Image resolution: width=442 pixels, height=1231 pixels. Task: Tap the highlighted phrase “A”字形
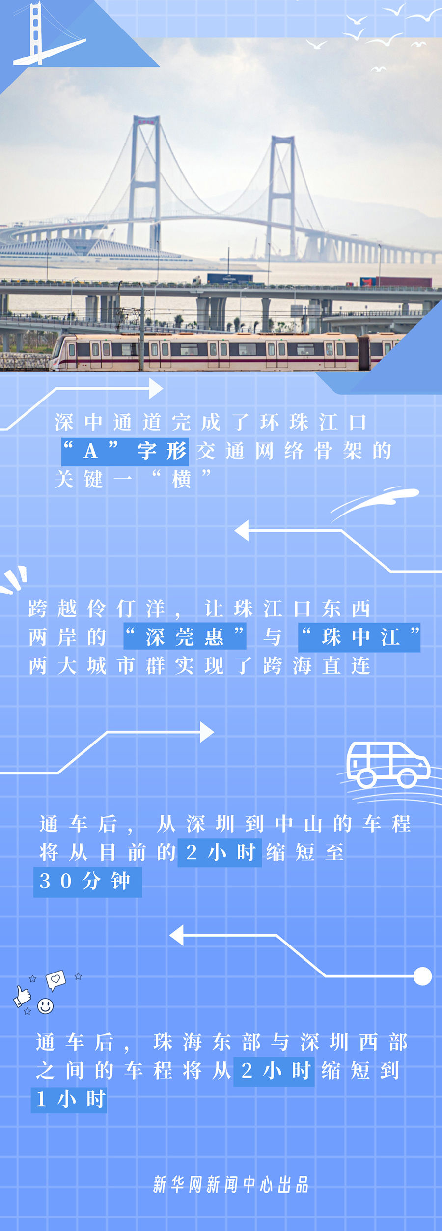[125, 451]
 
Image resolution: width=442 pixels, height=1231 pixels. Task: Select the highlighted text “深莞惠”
[185, 637]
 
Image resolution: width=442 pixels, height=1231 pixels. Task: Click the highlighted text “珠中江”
[359, 637]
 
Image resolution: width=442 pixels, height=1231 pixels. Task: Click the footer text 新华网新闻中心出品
[231, 1184]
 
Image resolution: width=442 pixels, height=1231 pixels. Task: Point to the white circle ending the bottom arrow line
[422, 976]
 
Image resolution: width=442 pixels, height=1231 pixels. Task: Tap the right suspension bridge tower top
[282, 141]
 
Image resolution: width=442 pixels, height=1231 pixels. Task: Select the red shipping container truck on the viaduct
[396, 282]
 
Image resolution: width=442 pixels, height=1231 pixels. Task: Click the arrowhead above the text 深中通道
[156, 389]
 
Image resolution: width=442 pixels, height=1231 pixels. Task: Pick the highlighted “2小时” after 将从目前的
[220, 853]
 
